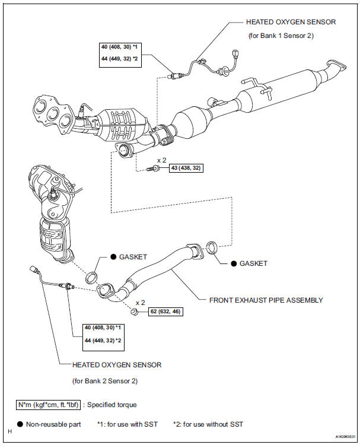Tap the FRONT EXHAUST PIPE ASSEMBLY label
pyautogui.click(x=266, y=300)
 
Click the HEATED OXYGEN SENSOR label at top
pyautogui.click(x=291, y=22)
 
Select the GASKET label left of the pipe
pyautogui.click(x=133, y=257)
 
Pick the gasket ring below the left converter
pyautogui.click(x=93, y=277)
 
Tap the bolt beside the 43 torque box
pyautogui.click(x=154, y=169)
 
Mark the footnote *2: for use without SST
pyautogui.click(x=208, y=424)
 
